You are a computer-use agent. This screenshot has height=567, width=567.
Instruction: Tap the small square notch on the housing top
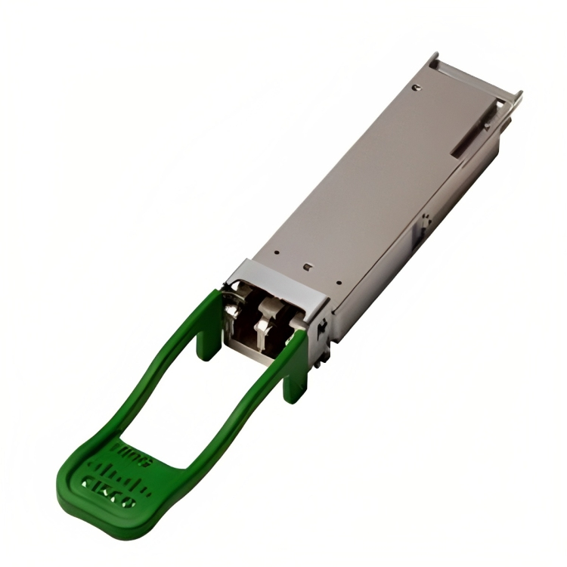click(x=306, y=266)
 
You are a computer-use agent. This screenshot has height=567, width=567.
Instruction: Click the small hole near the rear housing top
click(x=416, y=87)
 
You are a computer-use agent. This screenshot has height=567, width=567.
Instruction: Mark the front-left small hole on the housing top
click(x=277, y=253)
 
